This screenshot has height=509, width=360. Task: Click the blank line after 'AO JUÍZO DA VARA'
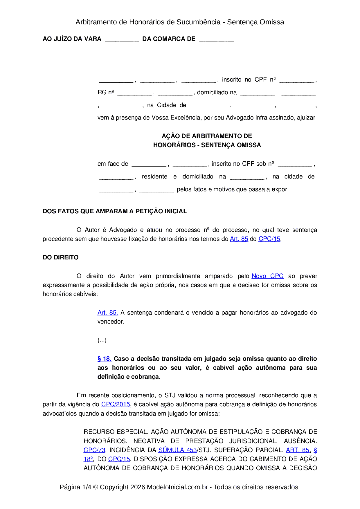click(x=122, y=40)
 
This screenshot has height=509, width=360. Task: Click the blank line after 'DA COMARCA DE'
click(x=216, y=40)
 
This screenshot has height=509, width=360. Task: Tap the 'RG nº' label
click(x=106, y=93)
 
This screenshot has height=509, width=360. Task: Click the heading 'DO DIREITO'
click(x=60, y=257)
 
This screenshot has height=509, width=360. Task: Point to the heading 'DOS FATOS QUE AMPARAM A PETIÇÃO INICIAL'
click(x=115, y=211)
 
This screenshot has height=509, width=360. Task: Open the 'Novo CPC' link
click(x=267, y=276)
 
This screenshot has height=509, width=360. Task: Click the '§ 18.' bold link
click(x=105, y=359)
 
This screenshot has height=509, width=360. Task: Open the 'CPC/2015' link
click(x=116, y=404)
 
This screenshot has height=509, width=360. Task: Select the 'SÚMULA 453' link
click(x=177, y=450)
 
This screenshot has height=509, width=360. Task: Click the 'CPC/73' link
click(x=94, y=450)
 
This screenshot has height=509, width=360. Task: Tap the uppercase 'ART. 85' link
click(x=298, y=450)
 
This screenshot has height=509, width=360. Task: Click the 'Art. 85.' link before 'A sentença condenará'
click(x=108, y=313)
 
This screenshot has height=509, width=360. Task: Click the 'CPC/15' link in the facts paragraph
click(x=269, y=239)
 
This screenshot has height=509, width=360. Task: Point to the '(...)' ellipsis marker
click(x=102, y=340)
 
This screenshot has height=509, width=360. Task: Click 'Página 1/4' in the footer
click(x=75, y=487)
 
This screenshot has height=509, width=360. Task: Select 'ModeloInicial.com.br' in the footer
click(x=177, y=487)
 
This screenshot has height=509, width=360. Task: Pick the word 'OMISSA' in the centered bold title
click(x=249, y=145)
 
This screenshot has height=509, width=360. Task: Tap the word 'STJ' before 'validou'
click(x=170, y=395)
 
